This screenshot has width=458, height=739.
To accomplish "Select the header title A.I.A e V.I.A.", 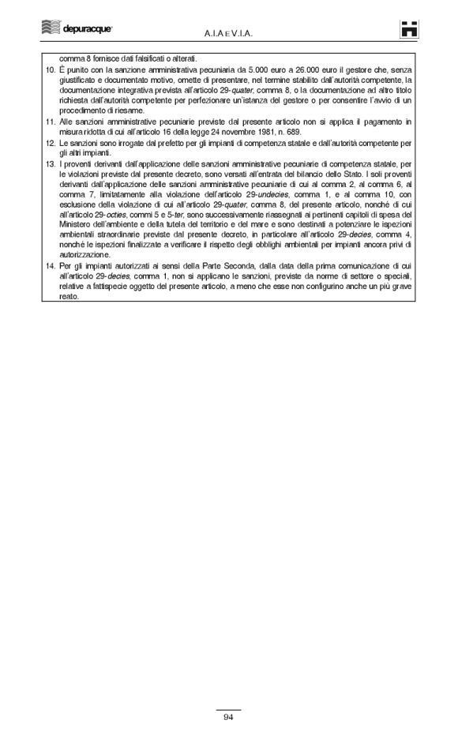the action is tap(228, 34).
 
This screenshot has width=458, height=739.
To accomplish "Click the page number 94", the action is tap(228, 717).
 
